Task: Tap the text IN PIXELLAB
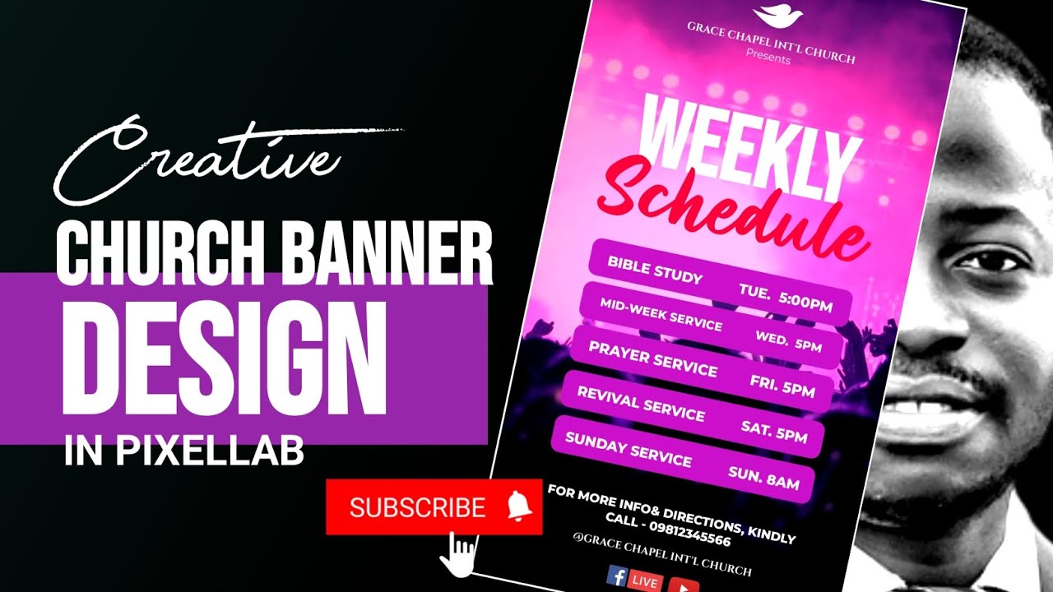point(184,452)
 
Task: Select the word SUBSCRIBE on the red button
point(417,507)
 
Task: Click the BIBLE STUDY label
point(655,269)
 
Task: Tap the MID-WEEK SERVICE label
point(661,314)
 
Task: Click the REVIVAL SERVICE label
point(640,402)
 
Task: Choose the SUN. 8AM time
point(763,479)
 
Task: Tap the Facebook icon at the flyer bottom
point(616,576)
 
